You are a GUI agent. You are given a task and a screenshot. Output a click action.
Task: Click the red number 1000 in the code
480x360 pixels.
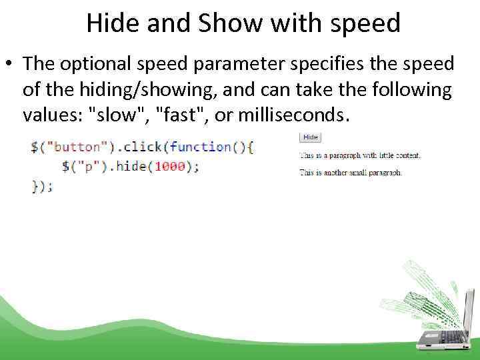click(169, 167)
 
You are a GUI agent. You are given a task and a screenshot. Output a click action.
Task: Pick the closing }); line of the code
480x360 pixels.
click(42, 187)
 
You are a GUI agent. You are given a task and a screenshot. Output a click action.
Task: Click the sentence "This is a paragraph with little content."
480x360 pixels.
click(360, 155)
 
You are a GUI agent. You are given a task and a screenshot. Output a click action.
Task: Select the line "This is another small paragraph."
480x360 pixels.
click(351, 173)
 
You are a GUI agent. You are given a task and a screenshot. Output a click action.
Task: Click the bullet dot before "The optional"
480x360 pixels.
click(10, 65)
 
